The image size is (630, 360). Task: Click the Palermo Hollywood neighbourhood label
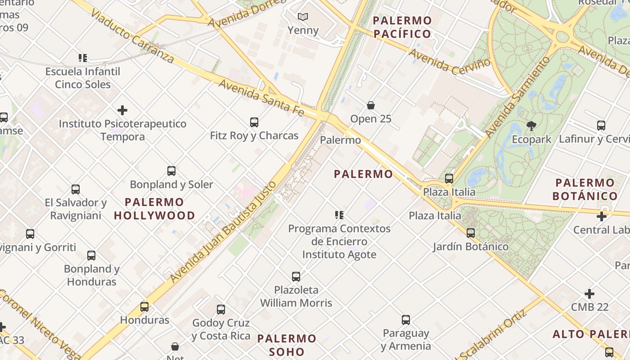154,209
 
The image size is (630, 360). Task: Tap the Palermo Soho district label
287,345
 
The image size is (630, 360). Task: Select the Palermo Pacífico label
402,27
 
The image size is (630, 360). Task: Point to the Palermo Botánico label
585,189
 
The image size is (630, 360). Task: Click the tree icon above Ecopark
531,126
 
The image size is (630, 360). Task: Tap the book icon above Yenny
303,17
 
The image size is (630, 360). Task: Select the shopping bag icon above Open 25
371,106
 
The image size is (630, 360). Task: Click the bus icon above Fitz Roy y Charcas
254,122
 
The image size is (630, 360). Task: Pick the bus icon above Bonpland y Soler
171,171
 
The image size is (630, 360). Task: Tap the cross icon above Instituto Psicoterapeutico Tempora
122,110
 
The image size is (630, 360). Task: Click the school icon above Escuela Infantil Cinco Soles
83,58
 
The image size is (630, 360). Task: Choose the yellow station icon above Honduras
144,307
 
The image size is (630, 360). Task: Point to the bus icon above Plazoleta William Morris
296,277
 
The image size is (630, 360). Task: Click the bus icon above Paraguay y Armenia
406,320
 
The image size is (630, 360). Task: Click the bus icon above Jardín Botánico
471,233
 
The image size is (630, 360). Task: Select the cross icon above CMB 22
589,294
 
